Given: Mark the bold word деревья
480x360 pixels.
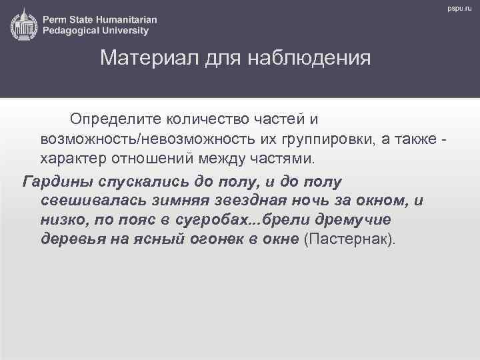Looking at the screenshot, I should (70, 240).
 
